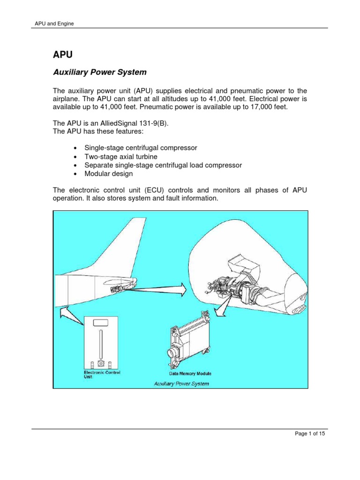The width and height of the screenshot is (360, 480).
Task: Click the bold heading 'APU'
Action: pos(62,54)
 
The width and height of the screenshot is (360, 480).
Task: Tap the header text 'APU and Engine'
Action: pos(55,23)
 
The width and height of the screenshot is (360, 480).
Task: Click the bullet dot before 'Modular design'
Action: pos(75,174)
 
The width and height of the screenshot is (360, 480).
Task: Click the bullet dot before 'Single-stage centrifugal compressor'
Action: pos(75,148)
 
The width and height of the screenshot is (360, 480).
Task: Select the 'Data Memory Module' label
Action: pos(190,374)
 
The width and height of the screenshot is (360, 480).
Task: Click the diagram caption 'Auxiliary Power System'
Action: pos(181,383)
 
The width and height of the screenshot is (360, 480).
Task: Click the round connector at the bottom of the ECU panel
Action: pos(101,363)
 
